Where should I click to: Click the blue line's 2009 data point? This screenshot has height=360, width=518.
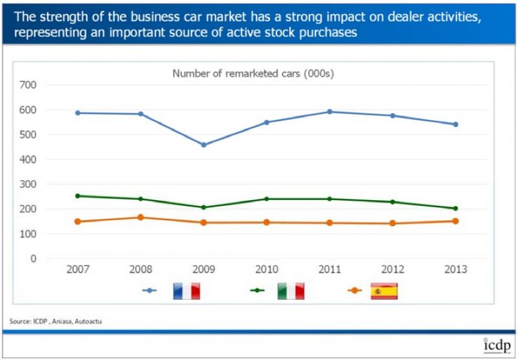[203, 144]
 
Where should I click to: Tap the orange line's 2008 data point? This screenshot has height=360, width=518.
[141, 218]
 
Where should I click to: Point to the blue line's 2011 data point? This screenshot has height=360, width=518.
[330, 111]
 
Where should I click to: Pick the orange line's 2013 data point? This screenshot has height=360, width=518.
[455, 221]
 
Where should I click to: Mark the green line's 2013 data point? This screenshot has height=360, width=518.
[455, 208]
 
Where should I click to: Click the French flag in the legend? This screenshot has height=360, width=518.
[186, 291]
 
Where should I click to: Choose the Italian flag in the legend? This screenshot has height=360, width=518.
[291, 291]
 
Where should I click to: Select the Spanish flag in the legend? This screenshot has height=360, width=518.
[384, 291]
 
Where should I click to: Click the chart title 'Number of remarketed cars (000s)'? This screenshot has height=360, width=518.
[253, 73]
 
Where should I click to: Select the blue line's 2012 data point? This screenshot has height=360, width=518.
[392, 116]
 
